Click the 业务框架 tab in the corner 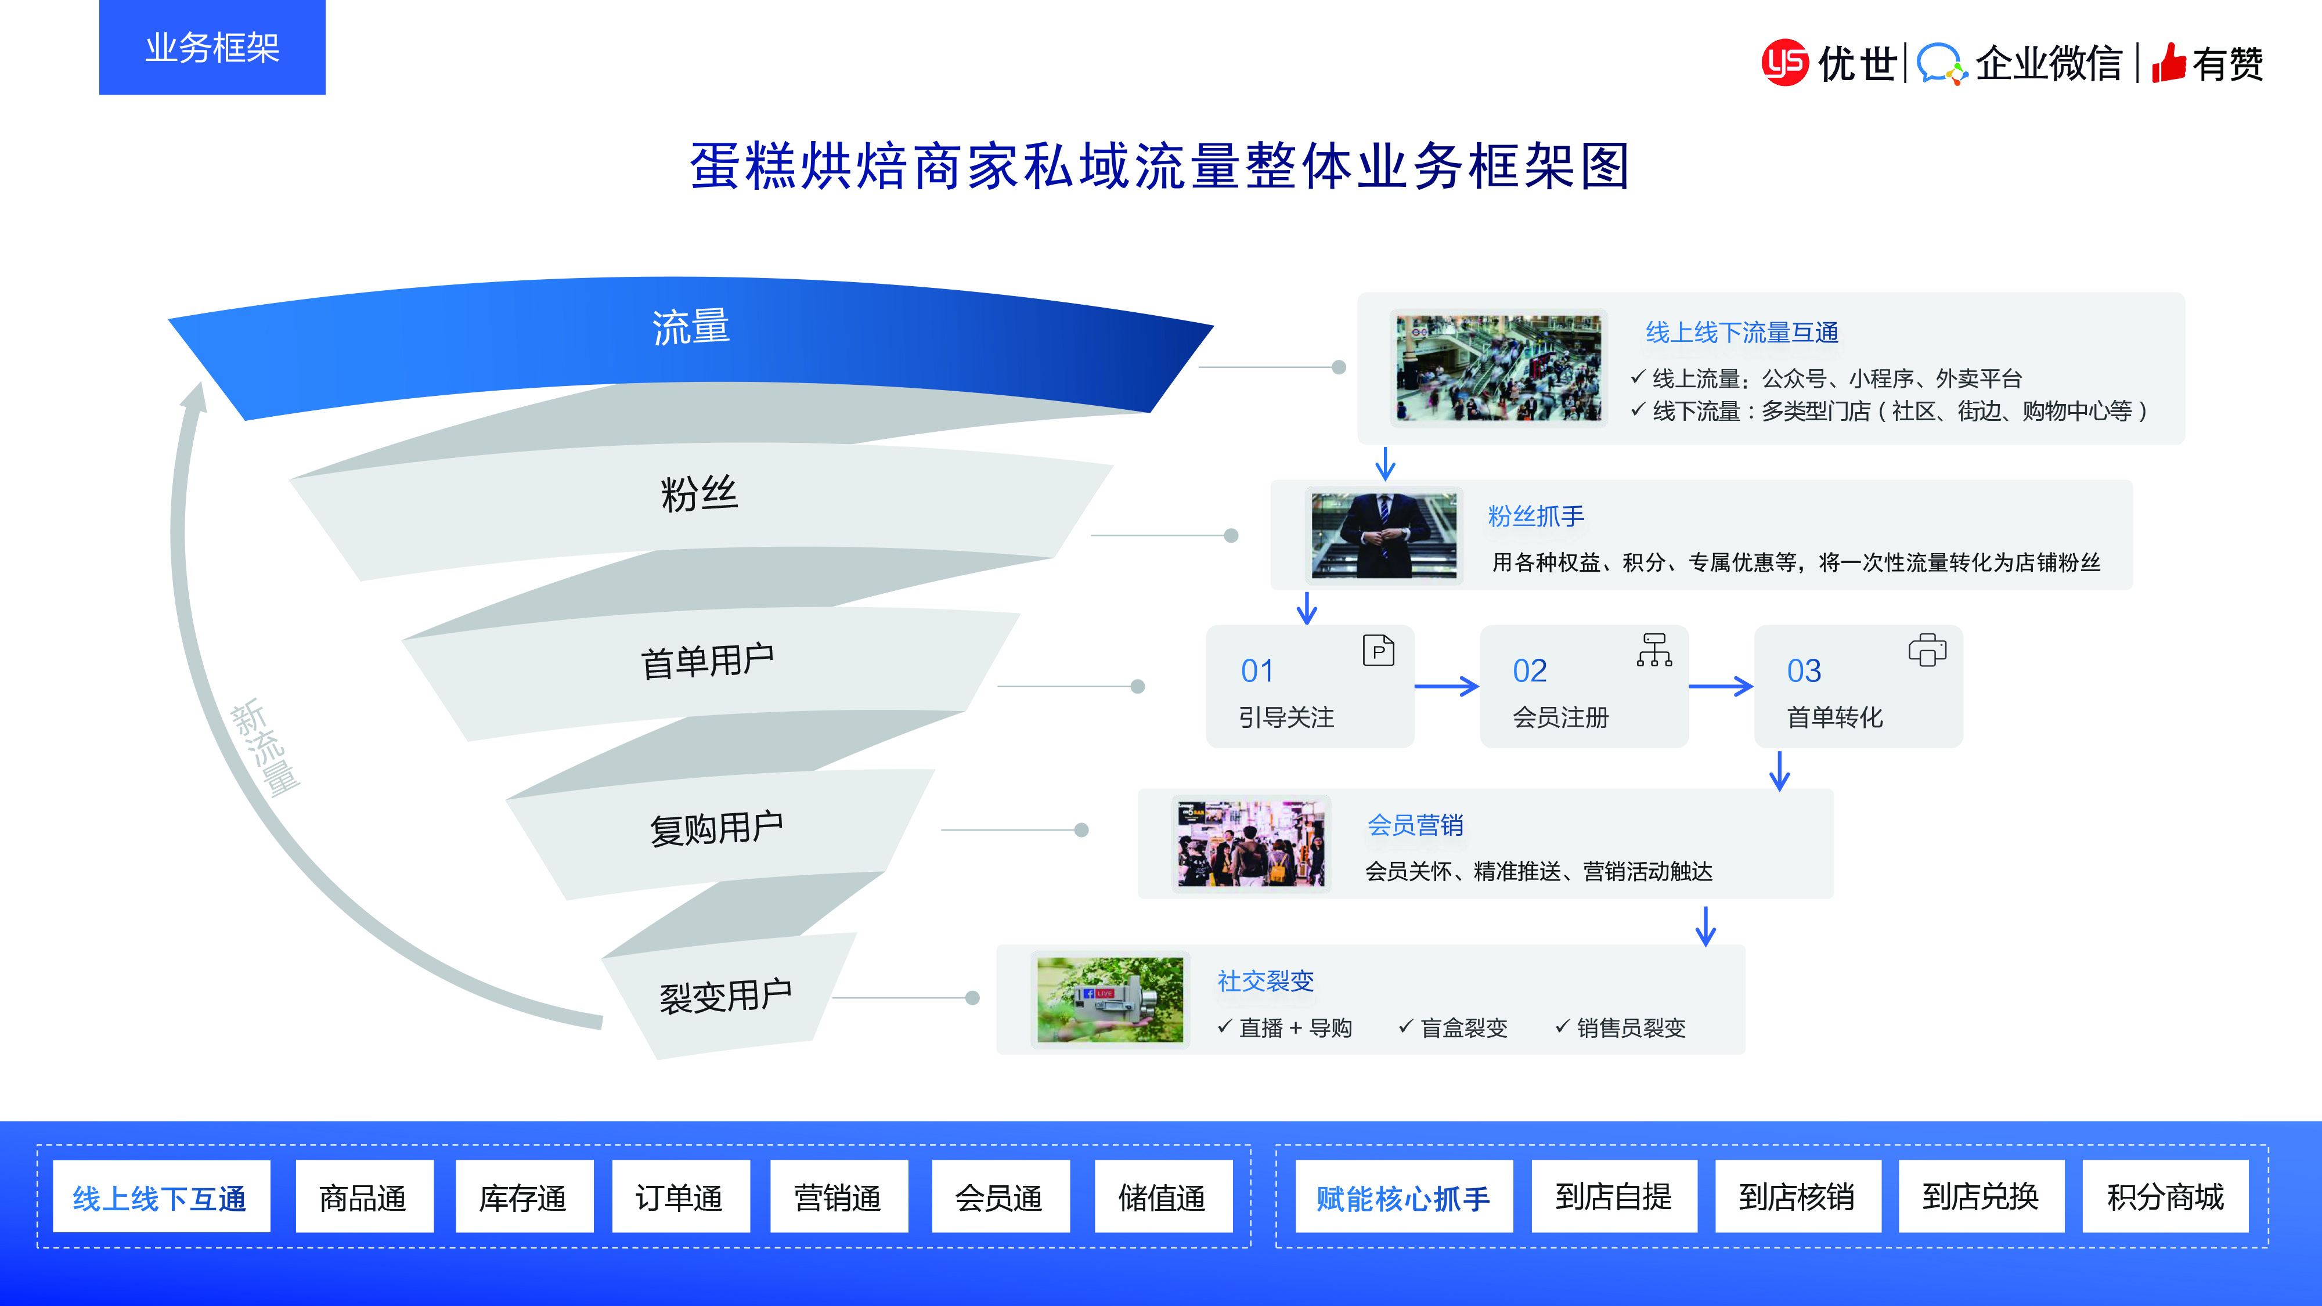212,47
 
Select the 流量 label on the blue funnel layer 690,326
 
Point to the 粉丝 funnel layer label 700,494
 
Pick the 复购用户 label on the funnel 716,827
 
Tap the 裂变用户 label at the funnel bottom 726,996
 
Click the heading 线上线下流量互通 1741,333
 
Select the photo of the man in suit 1384,535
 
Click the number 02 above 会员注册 1530,670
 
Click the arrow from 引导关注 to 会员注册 1446,687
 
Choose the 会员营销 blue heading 1415,825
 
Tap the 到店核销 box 1797,1196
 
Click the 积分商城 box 2165,1196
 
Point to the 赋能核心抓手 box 1404,1198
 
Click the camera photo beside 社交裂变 1109,1000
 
